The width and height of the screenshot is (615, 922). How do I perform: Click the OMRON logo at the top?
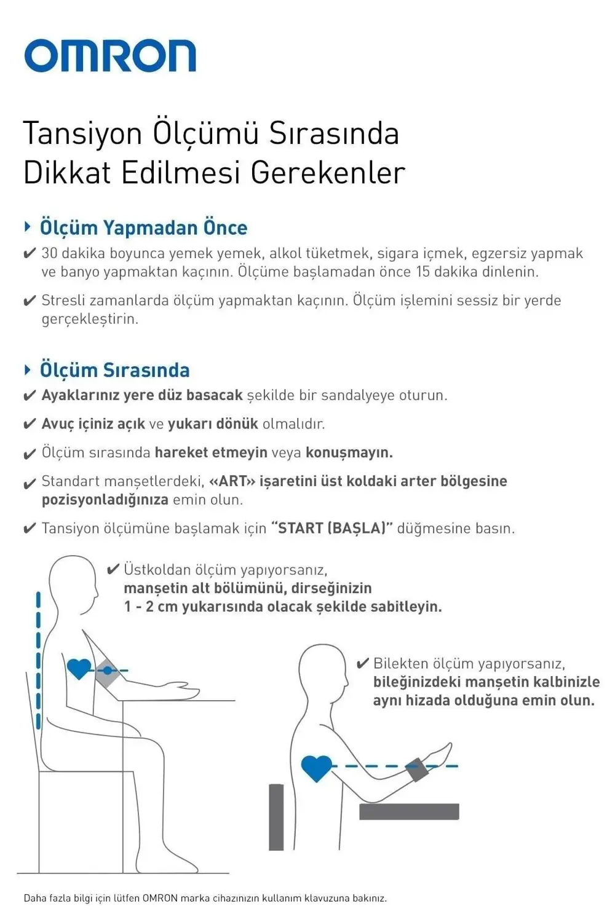click(110, 56)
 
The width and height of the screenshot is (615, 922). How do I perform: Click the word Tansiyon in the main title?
click(82, 133)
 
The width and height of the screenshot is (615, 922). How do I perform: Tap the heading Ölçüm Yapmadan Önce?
click(143, 227)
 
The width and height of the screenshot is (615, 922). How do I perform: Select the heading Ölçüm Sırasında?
click(114, 370)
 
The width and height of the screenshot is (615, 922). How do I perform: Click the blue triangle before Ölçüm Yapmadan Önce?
click(28, 227)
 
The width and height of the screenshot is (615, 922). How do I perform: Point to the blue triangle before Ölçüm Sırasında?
click(28, 369)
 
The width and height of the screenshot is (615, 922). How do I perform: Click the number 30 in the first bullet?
click(49, 253)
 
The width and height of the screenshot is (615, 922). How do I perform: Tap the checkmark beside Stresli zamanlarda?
click(29, 301)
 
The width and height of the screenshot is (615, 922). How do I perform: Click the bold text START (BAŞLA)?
click(331, 528)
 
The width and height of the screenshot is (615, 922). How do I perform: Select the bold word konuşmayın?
click(349, 452)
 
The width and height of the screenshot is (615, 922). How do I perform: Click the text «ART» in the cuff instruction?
click(232, 481)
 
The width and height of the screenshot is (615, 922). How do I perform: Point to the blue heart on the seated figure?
click(79, 668)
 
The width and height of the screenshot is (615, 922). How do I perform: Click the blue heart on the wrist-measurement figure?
click(317, 768)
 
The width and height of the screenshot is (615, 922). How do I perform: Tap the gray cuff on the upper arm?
click(107, 673)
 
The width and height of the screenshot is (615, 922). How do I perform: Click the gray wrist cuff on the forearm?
click(416, 770)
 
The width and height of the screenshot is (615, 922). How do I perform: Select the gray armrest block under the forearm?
click(409, 811)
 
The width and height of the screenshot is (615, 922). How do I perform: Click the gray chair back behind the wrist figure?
click(277, 817)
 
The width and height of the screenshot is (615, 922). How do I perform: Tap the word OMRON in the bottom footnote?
click(160, 898)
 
